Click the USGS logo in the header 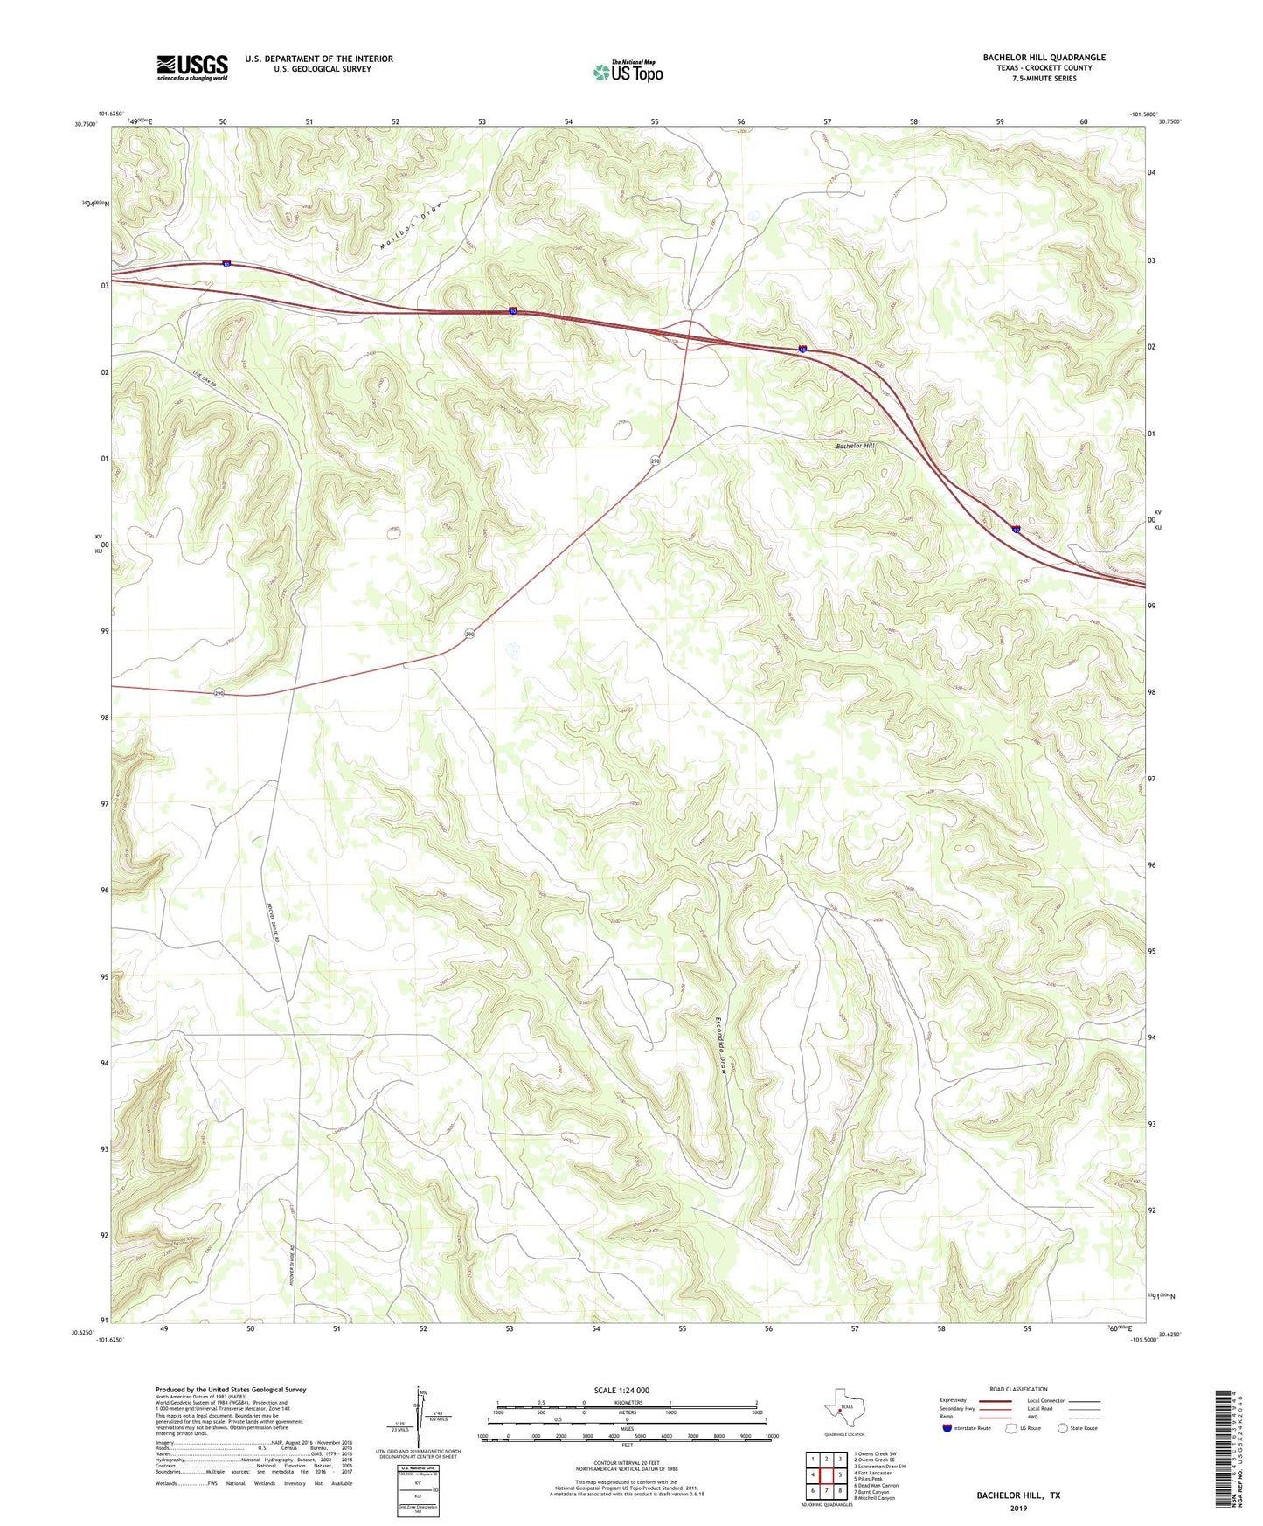(192, 66)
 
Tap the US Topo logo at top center (628, 71)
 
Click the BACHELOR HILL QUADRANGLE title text (1044, 58)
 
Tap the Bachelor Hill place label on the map (855, 446)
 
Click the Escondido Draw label (722, 1045)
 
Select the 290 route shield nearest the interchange (655, 461)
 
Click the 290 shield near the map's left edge (219, 693)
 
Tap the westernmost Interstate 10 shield (226, 264)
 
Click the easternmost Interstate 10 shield (1017, 529)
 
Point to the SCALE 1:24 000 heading (621, 1390)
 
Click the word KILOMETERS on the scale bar (627, 1402)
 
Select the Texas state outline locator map (841, 1407)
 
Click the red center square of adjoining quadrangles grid (825, 1475)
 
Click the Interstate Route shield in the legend (947, 1428)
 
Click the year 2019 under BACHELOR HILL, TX (1018, 1508)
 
